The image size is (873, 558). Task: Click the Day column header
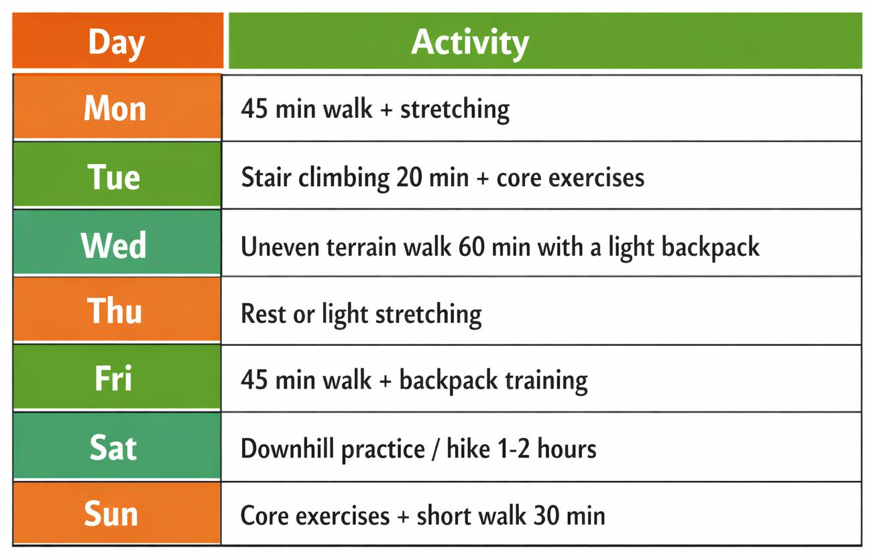coord(117,42)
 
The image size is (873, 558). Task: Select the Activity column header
coord(469,42)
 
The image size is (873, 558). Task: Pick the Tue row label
coord(114,177)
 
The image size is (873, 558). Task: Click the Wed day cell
coord(114,245)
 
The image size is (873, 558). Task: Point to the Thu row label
coord(115,311)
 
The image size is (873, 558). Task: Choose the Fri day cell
coord(113,379)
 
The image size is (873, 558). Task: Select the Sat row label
coord(113,447)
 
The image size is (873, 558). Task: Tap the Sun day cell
coord(111,514)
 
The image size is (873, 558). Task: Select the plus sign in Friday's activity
coord(385,381)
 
